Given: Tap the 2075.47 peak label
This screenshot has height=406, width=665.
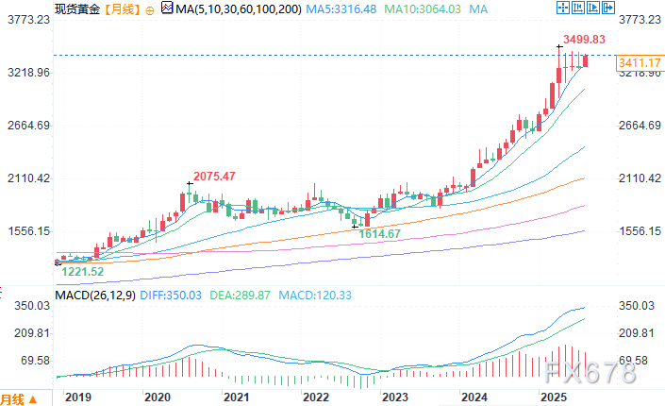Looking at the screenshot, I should point(214,176).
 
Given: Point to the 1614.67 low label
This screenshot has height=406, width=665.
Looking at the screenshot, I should point(380,233).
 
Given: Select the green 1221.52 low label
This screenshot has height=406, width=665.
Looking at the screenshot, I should point(83,271).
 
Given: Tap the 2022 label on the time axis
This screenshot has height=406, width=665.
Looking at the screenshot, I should point(317,398).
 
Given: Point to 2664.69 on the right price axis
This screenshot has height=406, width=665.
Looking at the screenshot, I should point(637,126).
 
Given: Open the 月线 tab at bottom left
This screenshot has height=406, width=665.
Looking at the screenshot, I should point(12,398).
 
